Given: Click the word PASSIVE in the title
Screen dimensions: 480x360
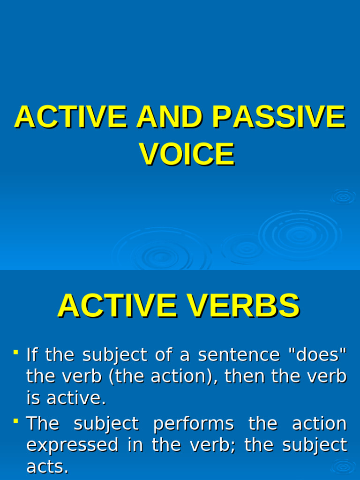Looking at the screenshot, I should click(278, 117).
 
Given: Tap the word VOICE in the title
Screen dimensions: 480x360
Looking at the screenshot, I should click(187, 154).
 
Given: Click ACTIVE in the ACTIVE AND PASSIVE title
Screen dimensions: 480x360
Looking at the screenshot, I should click(71, 117).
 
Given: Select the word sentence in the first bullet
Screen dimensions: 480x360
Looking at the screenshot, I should click(239, 355).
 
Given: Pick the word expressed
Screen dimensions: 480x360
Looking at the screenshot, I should click(72, 445).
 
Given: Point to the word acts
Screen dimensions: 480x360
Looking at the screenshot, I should click(47, 466).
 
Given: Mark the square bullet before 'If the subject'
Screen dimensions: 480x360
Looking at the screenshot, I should click(16, 351).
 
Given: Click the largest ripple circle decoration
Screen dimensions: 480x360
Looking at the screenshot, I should click(300, 234).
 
